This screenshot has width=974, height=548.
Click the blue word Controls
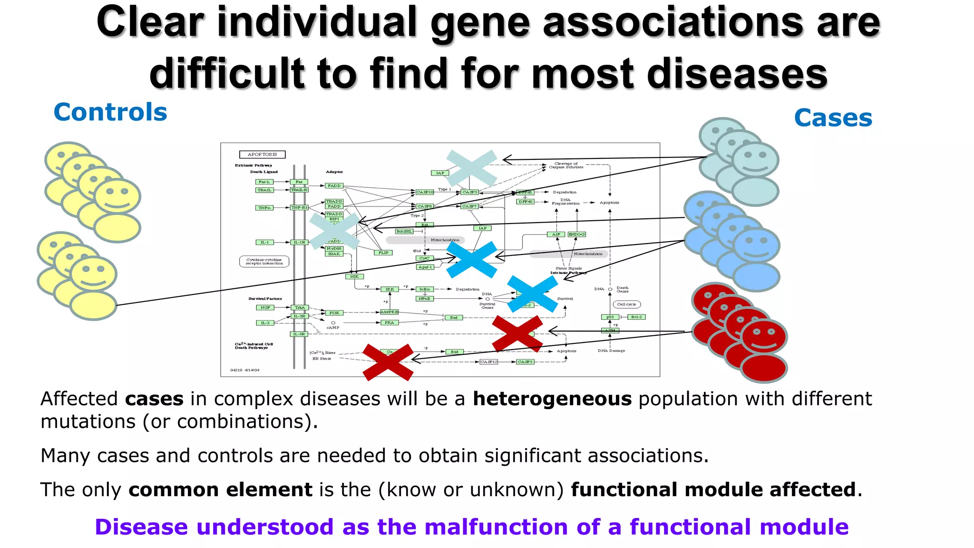click(110, 112)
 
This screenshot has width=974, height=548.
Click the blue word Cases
click(833, 118)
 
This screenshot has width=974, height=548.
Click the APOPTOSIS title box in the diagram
click(262, 155)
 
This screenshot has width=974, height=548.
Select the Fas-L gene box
click(264, 182)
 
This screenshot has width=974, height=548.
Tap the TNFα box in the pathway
click(264, 208)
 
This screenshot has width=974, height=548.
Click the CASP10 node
click(425, 192)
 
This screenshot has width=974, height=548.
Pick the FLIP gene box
click(383, 253)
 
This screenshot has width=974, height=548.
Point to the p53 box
click(610, 317)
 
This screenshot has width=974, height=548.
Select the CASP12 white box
click(488, 362)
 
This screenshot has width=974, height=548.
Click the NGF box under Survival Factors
click(265, 308)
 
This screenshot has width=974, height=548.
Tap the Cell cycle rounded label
click(626, 304)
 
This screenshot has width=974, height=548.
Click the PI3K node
click(334, 313)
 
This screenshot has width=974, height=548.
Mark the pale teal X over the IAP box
click(471, 168)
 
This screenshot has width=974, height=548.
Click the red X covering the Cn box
click(388, 362)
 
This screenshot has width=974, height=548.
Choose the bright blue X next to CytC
click(471, 260)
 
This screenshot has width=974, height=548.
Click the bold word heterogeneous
click(552, 399)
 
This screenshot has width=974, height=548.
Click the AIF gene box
click(556, 235)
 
